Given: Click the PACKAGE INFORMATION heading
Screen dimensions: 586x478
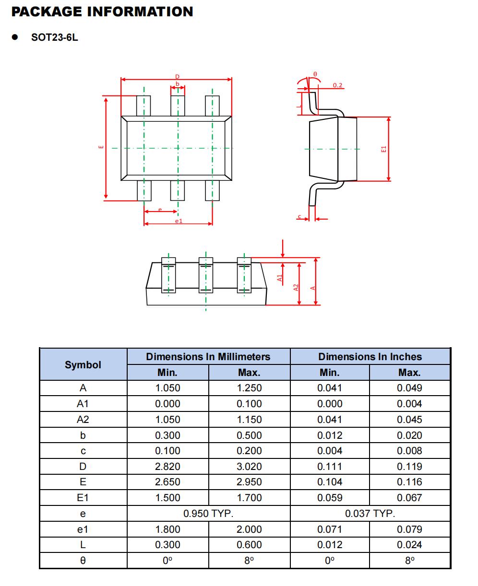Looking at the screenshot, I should (102, 12).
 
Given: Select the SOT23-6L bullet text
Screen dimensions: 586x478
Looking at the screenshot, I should (54, 38).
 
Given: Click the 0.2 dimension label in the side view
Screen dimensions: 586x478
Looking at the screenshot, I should (338, 85).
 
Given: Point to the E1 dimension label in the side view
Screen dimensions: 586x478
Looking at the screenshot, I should (383, 150).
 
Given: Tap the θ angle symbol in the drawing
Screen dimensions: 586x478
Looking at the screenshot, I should (315, 74).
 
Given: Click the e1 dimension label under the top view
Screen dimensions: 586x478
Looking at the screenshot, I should (179, 221).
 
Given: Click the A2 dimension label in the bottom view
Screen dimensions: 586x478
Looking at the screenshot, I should (296, 287).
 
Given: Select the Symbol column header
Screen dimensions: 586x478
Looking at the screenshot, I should (83, 364).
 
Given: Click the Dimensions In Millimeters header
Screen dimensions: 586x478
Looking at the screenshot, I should (208, 357).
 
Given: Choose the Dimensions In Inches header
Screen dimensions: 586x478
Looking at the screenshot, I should (370, 357).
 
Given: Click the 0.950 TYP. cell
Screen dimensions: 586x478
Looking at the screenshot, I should (208, 514).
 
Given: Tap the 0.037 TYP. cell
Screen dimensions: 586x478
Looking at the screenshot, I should (370, 514).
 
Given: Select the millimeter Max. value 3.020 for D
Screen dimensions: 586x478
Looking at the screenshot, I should (249, 467).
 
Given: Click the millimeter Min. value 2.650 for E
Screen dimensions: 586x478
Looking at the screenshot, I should (167, 482).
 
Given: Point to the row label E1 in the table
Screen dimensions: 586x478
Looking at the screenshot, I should (83, 498).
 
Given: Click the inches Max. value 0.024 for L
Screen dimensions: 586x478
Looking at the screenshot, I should (409, 545).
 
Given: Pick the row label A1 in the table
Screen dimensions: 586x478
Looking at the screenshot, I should (83, 404).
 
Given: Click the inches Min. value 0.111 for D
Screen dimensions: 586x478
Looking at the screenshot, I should (330, 467).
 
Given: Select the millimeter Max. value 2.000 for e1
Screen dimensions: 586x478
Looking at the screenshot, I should (249, 529).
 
